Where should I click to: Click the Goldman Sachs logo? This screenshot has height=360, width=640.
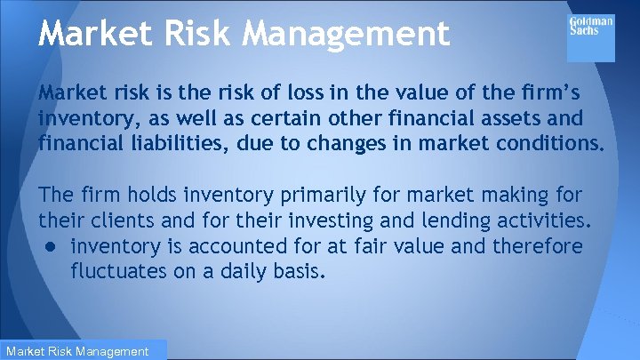coord(590,37)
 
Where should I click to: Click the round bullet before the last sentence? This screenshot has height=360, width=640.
coord(52,246)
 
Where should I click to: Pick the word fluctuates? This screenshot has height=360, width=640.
coord(115,270)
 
